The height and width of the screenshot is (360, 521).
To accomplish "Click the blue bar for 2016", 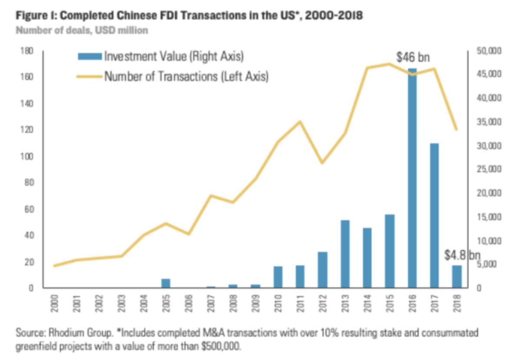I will (x=412, y=178).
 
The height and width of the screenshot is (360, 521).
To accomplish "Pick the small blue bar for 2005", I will (x=166, y=283).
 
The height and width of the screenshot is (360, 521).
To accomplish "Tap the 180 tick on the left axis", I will (x=27, y=51).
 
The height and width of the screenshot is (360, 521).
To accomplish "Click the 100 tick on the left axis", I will (x=27, y=157).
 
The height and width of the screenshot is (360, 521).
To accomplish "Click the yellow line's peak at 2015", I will (x=389, y=64).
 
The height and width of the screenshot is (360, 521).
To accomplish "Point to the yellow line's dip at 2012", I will (x=322, y=163).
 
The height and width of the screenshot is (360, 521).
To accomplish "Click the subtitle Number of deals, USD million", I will (x=82, y=30).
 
